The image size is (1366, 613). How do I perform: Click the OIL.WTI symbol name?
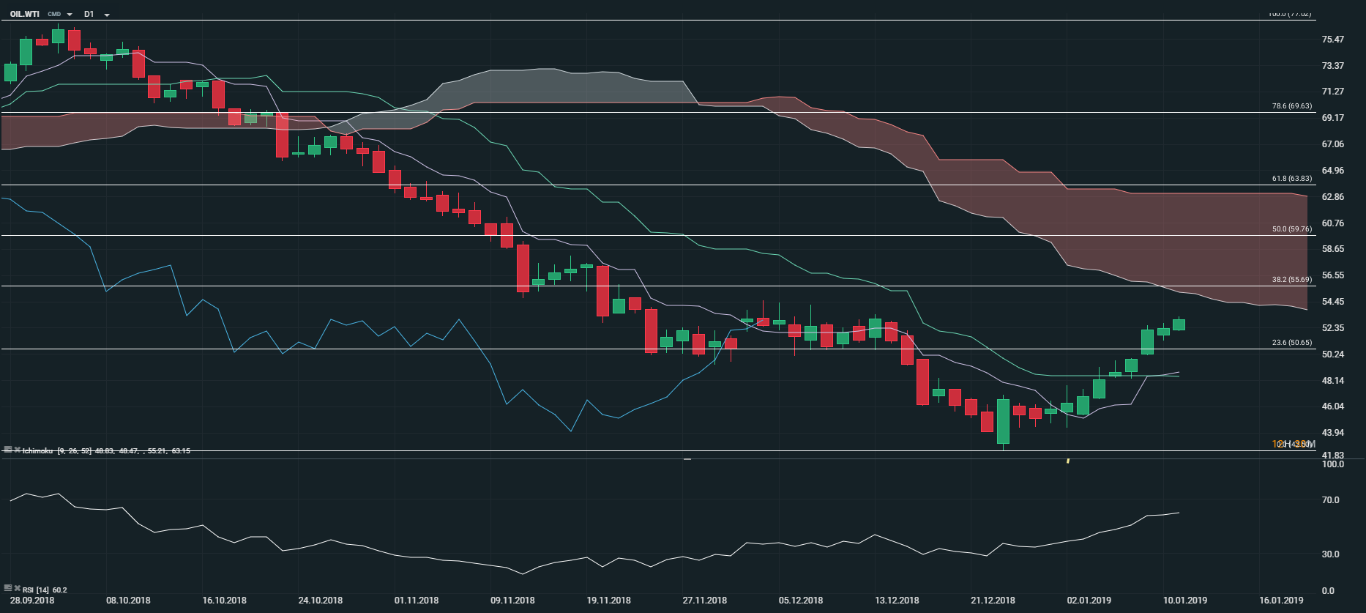(25, 14)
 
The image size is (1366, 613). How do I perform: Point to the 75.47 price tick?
(1332, 40)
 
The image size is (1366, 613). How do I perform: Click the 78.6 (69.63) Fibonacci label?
(1291, 106)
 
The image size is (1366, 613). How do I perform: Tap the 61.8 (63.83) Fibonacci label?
(1291, 179)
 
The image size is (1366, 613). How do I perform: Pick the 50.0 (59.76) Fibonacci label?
(1291, 229)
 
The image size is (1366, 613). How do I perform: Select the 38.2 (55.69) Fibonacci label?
(1291, 280)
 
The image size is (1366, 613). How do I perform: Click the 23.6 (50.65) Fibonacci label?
(1291, 343)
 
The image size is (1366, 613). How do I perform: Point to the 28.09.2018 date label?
(32, 601)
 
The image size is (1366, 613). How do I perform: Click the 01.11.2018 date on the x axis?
(417, 601)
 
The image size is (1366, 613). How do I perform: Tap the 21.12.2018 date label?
(993, 601)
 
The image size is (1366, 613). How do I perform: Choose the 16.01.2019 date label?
(1281, 601)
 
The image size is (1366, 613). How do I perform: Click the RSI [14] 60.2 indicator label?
(44, 590)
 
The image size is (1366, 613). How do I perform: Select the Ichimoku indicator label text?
(37, 451)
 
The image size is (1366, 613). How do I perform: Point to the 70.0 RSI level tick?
(1330, 500)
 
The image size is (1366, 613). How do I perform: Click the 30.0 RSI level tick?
(1330, 554)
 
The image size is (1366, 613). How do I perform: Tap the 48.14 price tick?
(1332, 381)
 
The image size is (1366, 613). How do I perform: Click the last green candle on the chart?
(1179, 324)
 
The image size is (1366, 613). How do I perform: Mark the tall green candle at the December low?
(1003, 421)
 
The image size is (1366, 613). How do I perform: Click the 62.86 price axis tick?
(1332, 197)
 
